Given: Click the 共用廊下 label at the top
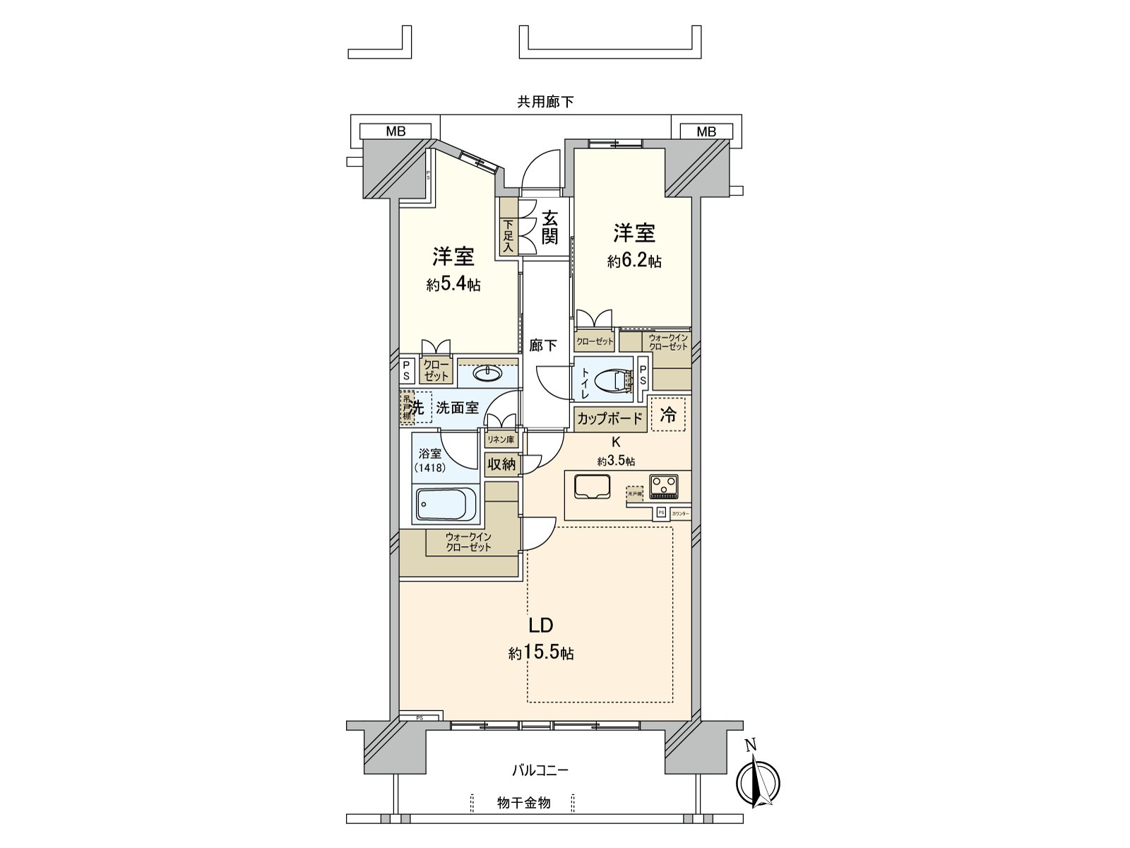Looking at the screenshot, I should [545, 102].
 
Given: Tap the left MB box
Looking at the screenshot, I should [395, 131].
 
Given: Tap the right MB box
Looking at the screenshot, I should [706, 131].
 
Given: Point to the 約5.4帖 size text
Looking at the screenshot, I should [453, 285].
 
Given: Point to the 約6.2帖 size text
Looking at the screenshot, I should [634, 261].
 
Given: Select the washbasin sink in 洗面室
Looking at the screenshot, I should [485, 373].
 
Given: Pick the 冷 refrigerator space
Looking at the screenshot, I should [667, 416].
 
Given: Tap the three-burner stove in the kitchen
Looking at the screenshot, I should [664, 485].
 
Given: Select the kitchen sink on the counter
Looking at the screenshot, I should [592, 485].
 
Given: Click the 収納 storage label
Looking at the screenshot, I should [501, 464].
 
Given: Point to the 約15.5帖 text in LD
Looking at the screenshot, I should [541, 654].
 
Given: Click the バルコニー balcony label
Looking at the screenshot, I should [540, 770].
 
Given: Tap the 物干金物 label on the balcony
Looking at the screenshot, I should [523, 803].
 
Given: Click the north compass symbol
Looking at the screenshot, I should [758, 781].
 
